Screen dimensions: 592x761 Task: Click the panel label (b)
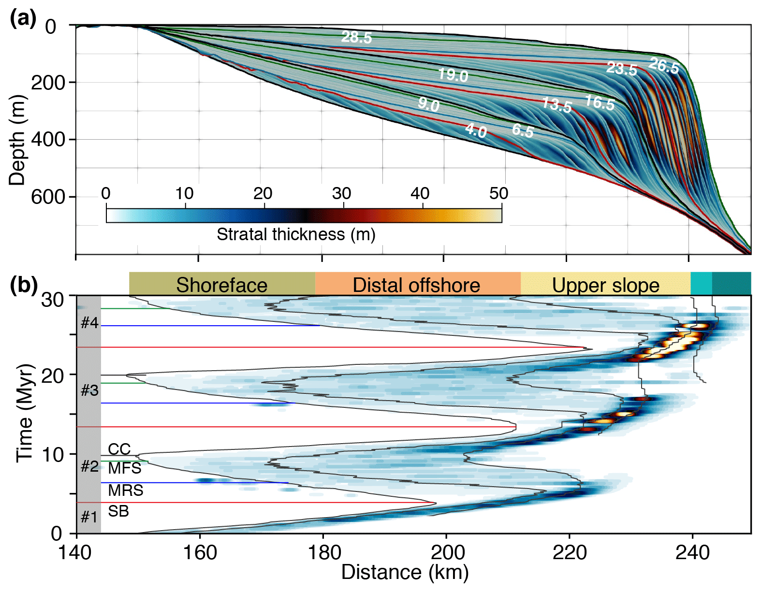(23, 286)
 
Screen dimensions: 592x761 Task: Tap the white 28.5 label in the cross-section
(357, 37)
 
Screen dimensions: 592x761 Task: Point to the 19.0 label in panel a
(453, 75)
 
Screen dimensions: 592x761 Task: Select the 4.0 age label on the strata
(476, 130)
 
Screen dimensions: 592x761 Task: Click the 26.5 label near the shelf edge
(664, 66)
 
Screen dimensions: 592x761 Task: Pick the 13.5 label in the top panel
(557, 105)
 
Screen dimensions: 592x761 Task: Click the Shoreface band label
(221, 285)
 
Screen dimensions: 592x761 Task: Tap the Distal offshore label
(416, 285)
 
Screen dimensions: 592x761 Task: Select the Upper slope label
(605, 285)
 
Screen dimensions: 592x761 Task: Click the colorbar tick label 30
(341, 193)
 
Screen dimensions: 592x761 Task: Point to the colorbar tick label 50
(498, 193)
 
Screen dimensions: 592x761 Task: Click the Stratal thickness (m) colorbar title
(296, 234)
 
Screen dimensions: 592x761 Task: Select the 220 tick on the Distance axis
(569, 552)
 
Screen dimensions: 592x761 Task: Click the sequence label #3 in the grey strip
(89, 390)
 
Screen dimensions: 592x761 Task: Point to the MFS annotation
(125, 468)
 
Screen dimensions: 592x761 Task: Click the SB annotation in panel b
(118, 511)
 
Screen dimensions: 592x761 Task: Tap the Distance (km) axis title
(405, 573)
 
